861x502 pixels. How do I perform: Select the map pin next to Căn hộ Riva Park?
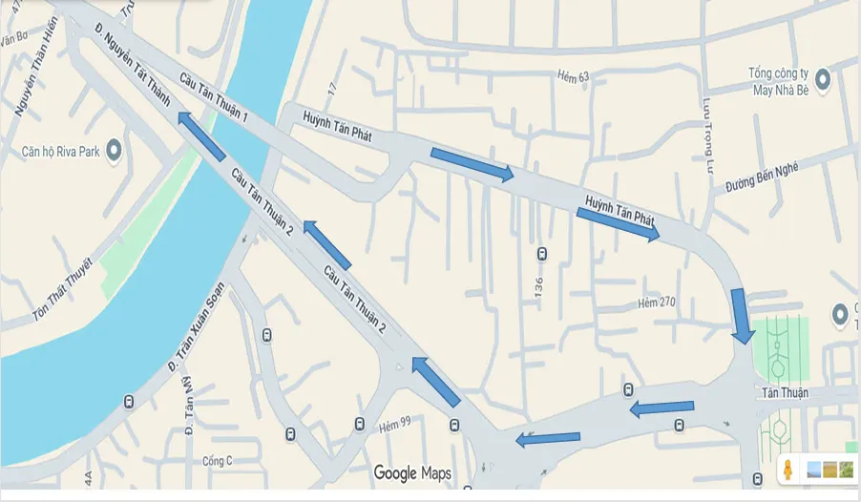(114, 149)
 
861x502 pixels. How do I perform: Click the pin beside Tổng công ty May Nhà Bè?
(822, 77)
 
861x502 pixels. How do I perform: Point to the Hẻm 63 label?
(572, 75)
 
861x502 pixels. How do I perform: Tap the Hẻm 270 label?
(656, 303)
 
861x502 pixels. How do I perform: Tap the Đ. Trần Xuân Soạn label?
(197, 326)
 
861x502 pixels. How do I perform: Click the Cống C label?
(217, 461)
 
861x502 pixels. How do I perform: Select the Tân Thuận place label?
(786, 393)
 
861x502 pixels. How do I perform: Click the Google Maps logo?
(412, 473)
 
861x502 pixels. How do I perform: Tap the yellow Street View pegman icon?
(788, 470)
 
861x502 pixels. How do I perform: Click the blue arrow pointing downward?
(742, 315)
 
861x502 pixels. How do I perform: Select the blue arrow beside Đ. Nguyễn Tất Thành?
(200, 136)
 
